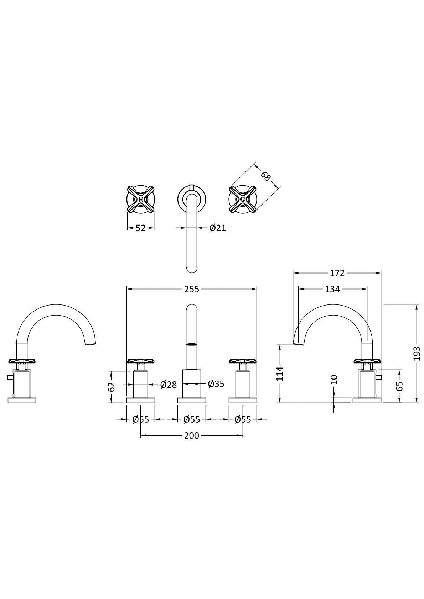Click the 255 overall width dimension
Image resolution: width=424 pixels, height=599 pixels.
click(x=192, y=289)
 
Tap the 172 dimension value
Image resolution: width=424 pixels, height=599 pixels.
click(x=337, y=273)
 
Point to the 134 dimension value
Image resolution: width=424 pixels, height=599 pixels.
click(x=332, y=289)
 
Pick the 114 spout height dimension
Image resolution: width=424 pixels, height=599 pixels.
click(x=280, y=373)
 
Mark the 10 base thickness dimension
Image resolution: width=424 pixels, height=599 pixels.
click(x=334, y=380)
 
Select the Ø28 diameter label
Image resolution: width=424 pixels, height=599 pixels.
click(x=169, y=385)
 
